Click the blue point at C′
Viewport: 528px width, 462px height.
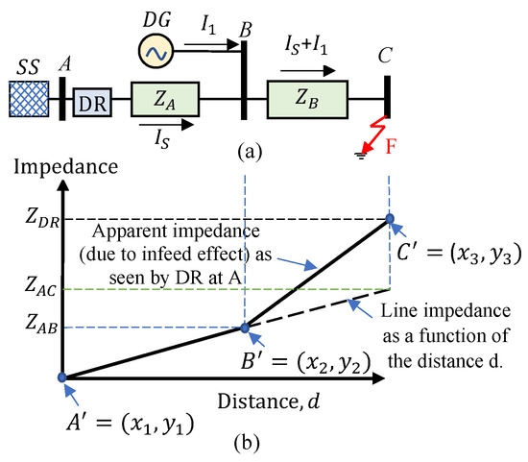point(390,219)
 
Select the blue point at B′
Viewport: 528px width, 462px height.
point(245,328)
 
